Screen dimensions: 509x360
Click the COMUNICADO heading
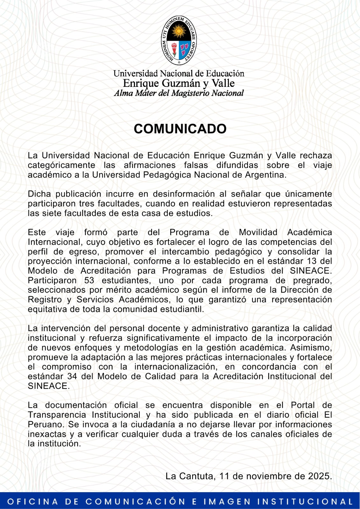180,129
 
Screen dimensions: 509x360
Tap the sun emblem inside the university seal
178,31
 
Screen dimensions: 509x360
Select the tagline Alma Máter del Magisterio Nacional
179,93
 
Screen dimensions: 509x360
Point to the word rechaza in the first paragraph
316,156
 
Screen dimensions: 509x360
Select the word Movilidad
258,233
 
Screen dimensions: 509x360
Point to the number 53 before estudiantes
89,281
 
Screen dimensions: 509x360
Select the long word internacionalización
176,367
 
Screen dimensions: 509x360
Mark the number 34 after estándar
72,376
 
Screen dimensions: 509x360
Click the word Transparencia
57,415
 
